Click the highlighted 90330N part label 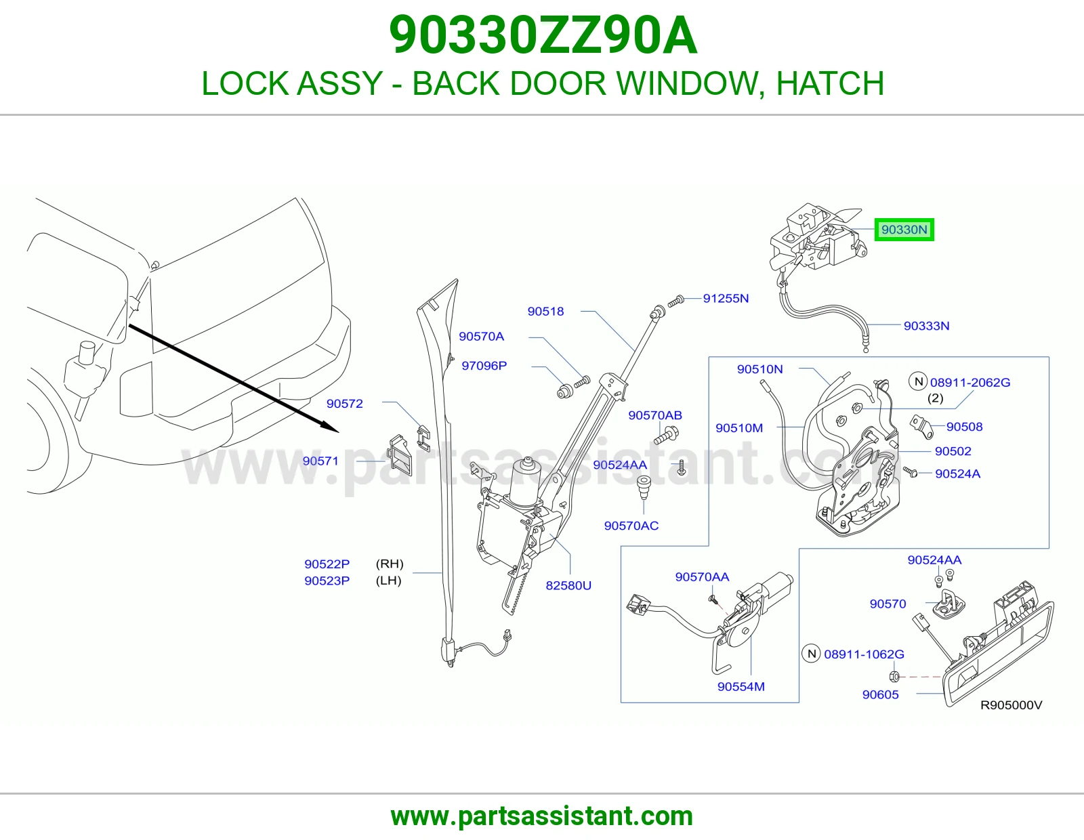click(904, 230)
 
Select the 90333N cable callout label click(926, 326)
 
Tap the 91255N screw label click(726, 298)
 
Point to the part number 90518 click(546, 311)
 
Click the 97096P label click(484, 366)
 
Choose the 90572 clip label click(345, 404)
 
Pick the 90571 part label click(320, 461)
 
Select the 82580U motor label click(568, 585)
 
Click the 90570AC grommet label click(631, 525)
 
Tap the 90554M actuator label click(741, 686)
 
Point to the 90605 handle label click(881, 694)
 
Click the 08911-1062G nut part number click(864, 654)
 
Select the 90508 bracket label click(964, 427)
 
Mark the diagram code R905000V click(1011, 705)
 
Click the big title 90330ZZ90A click(543, 35)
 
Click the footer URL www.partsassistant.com click(542, 816)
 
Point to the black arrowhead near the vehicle click(329, 427)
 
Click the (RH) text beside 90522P click(390, 564)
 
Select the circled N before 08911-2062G click(918, 381)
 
